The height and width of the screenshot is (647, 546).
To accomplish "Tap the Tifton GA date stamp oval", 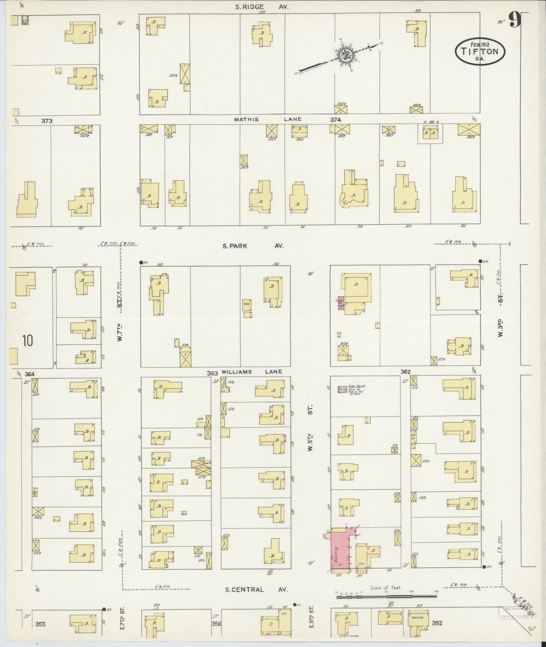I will point(480,51).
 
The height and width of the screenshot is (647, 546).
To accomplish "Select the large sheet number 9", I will point(514,20).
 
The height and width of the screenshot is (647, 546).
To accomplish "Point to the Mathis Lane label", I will point(268,119).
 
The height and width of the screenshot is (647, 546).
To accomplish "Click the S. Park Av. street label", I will point(253,246).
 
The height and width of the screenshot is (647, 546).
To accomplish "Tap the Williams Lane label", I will point(252,372).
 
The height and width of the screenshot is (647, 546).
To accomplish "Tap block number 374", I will point(335,120).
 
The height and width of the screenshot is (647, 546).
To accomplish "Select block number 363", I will point(212,373).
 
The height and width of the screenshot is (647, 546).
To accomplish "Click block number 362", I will point(406,372).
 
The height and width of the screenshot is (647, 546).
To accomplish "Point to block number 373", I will point(47,121).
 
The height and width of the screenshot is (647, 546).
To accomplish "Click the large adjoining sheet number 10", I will point(28,341).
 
